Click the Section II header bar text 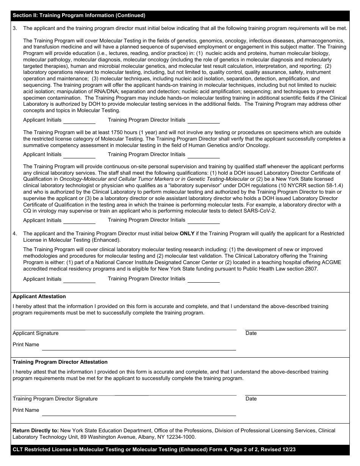(x=79, y=16)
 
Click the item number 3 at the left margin (x=15, y=28)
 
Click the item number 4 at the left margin (x=15, y=234)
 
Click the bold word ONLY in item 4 (x=187, y=234)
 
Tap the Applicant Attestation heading (x=39, y=297)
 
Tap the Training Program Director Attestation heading (x=60, y=362)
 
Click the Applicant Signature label (x=36, y=333)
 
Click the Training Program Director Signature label (x=55, y=399)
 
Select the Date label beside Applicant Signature (x=251, y=333)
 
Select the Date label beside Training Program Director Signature (x=251, y=399)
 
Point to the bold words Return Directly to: (x=36, y=431)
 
